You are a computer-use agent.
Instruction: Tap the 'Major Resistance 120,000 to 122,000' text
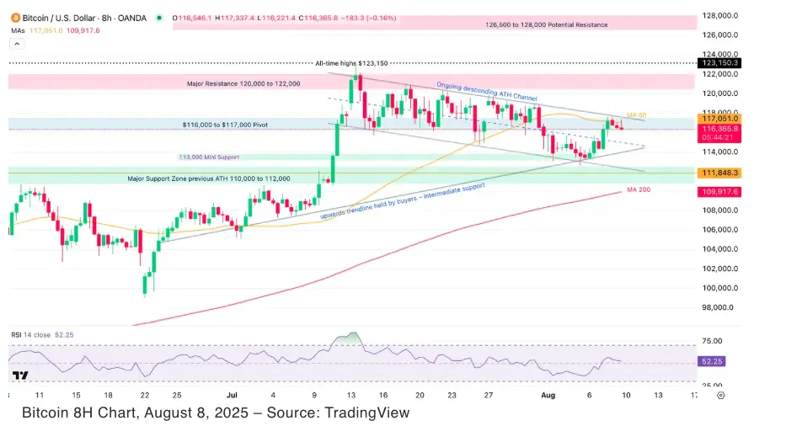click(243, 85)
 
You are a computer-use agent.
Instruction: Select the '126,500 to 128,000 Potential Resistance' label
click(546, 25)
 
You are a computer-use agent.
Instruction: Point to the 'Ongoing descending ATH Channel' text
click(486, 92)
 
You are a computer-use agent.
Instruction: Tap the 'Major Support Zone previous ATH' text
click(209, 178)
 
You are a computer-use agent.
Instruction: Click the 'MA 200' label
click(638, 190)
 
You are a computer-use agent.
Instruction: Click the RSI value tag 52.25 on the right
click(716, 361)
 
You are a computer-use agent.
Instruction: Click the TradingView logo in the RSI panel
click(21, 376)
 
